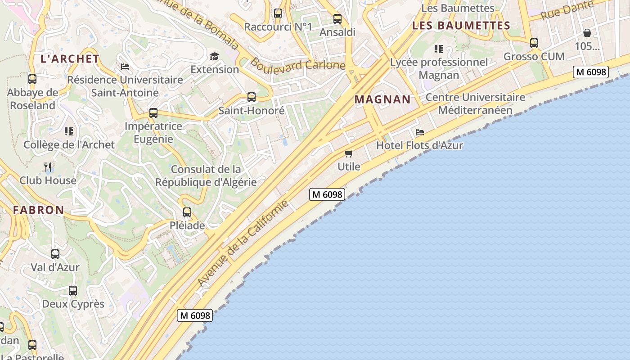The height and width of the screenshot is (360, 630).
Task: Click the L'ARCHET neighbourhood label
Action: coord(70,58)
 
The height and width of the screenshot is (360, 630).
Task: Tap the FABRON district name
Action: coord(38,210)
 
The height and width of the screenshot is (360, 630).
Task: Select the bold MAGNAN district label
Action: coord(382,99)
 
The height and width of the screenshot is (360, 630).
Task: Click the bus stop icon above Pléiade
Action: coord(187,212)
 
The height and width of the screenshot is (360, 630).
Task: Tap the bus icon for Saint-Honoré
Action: coord(252,97)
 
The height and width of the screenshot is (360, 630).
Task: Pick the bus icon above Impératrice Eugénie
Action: coord(153,113)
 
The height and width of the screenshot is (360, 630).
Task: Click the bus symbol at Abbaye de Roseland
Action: coord(32,79)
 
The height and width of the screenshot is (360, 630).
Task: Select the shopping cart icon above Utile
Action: coord(349,153)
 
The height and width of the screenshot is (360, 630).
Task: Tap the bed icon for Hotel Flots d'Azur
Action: coord(420,132)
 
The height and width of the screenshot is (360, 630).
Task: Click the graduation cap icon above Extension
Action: coord(214,56)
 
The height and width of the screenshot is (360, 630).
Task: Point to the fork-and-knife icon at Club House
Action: coord(48,167)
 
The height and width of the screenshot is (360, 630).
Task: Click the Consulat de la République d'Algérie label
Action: coord(206,176)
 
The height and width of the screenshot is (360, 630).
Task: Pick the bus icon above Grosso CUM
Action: coord(534,43)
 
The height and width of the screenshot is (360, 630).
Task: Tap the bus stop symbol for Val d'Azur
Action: coord(55,254)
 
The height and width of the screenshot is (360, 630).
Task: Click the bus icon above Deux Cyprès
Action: coord(73,291)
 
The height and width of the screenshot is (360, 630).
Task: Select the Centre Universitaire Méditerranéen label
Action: coord(475,103)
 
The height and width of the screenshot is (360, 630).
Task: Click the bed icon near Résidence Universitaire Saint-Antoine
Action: coord(125,67)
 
